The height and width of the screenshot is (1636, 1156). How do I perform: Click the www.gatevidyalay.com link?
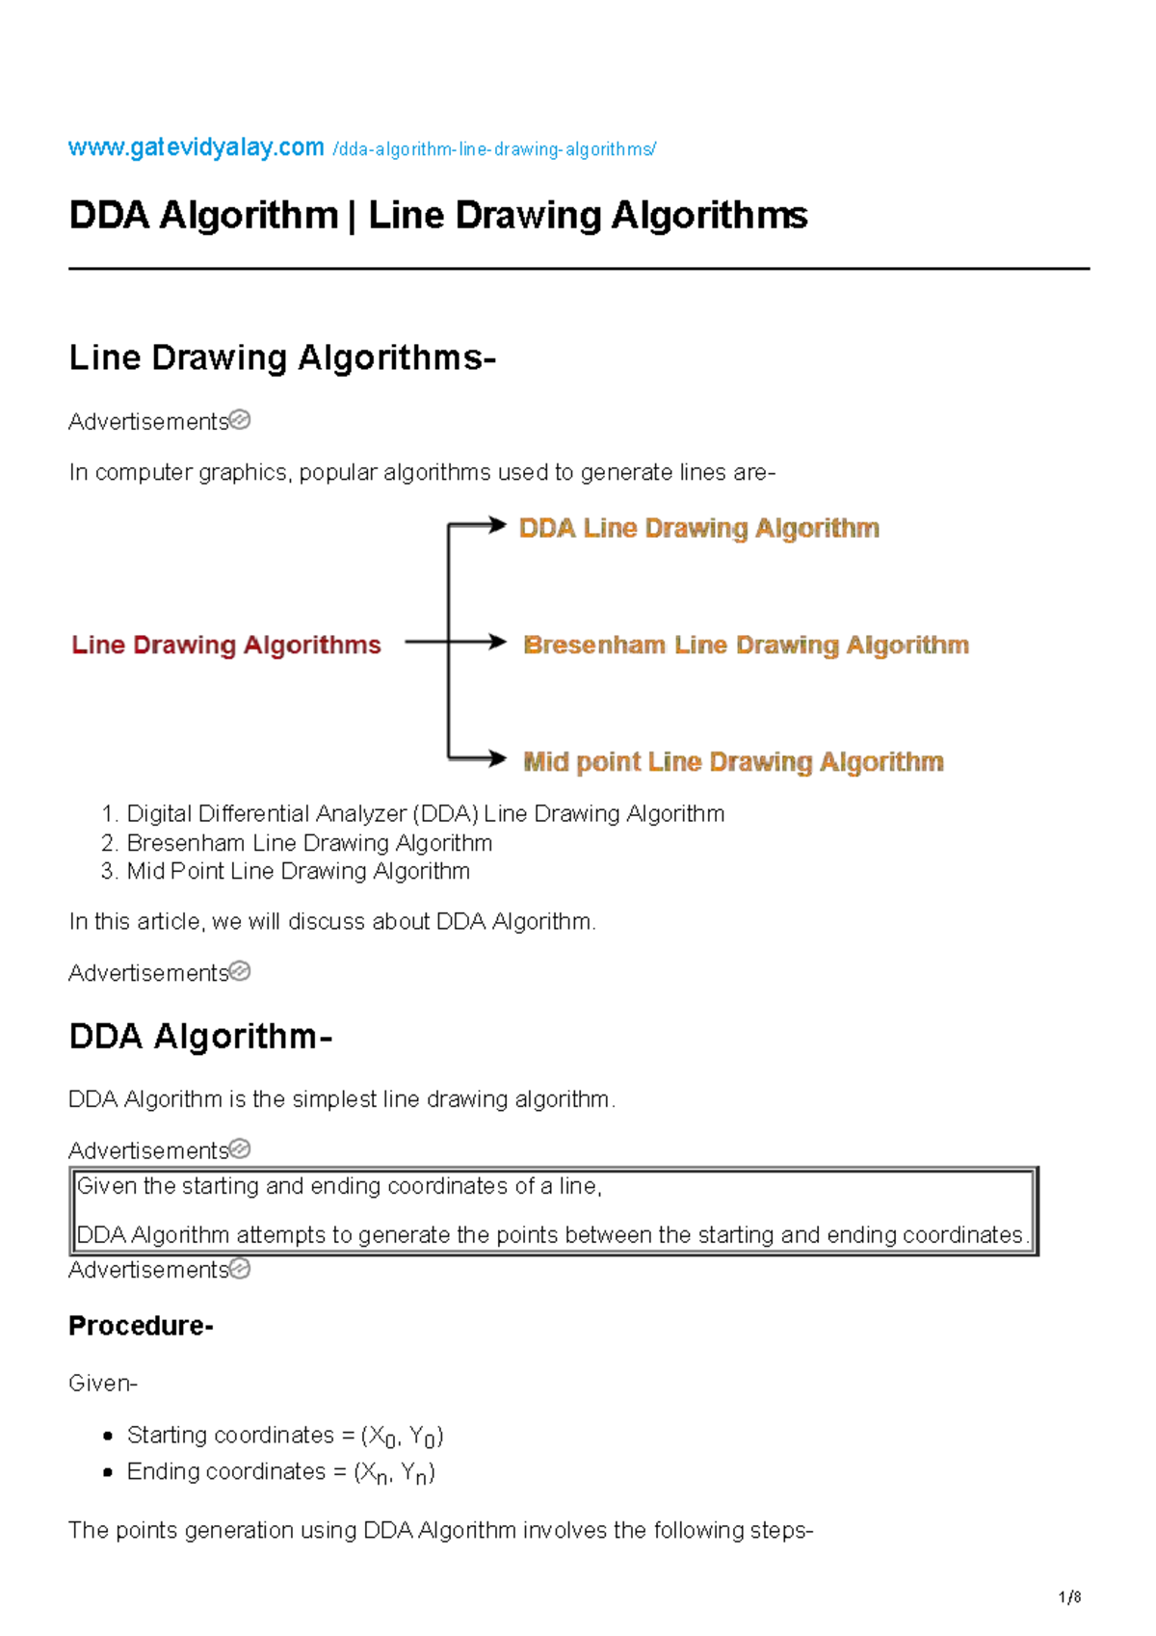196,147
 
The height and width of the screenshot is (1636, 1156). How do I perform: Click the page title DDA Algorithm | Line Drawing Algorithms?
438,215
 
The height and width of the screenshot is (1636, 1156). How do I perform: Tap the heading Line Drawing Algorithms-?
282,357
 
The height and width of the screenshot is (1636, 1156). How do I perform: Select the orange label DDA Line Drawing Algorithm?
698,528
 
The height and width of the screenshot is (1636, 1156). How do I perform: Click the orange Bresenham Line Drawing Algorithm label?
746,645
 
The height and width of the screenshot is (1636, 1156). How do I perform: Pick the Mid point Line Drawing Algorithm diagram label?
733,762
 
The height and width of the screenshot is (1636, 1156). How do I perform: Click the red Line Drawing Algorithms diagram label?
226,645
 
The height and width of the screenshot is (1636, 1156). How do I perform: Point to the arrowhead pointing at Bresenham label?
497,642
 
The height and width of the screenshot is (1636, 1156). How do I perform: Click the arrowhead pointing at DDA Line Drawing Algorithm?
497,524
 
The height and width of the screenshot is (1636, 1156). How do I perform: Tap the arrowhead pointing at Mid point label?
497,759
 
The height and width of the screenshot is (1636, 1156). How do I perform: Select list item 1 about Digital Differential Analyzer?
425,814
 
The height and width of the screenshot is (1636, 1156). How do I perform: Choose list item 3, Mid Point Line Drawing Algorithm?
298,871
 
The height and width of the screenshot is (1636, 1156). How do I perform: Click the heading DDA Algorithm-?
200,1037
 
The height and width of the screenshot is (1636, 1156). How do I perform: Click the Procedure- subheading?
141,1326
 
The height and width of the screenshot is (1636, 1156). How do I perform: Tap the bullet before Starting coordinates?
108,1436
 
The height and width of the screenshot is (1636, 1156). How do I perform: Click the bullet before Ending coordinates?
108,1472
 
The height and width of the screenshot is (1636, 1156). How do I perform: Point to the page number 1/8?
1069,1596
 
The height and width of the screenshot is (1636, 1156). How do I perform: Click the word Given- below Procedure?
103,1384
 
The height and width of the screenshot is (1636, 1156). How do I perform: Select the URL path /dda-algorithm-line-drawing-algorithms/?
494,149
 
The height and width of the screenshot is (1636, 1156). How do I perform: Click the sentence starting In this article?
332,922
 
